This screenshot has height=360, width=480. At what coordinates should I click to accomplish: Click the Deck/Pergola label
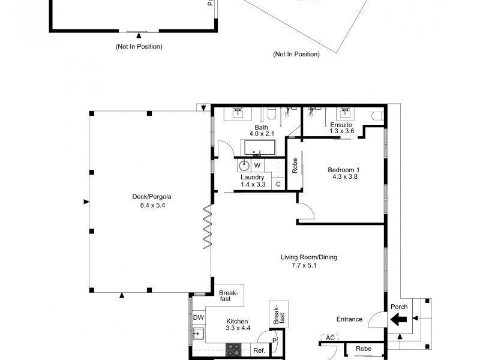(148, 196)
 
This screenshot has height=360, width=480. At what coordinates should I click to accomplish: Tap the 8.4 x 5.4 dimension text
(148, 205)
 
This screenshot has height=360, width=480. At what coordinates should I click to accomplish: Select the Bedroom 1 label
(343, 170)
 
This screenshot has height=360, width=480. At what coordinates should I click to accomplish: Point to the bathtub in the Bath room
(257, 148)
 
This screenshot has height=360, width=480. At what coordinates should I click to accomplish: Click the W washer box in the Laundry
(257, 166)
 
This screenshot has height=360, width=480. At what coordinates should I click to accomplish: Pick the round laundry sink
(245, 166)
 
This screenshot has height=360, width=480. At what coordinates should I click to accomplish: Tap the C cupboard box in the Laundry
(278, 184)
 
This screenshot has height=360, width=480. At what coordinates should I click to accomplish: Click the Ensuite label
(341, 125)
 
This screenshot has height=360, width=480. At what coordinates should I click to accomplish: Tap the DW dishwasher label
(198, 318)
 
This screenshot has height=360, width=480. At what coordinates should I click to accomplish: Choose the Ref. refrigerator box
(259, 350)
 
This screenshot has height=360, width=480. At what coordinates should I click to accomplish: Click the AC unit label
(330, 338)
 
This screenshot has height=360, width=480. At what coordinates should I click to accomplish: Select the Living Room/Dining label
(309, 257)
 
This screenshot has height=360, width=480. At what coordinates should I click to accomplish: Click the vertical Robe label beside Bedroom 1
(295, 166)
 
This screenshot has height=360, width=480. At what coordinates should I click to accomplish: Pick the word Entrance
(349, 319)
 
